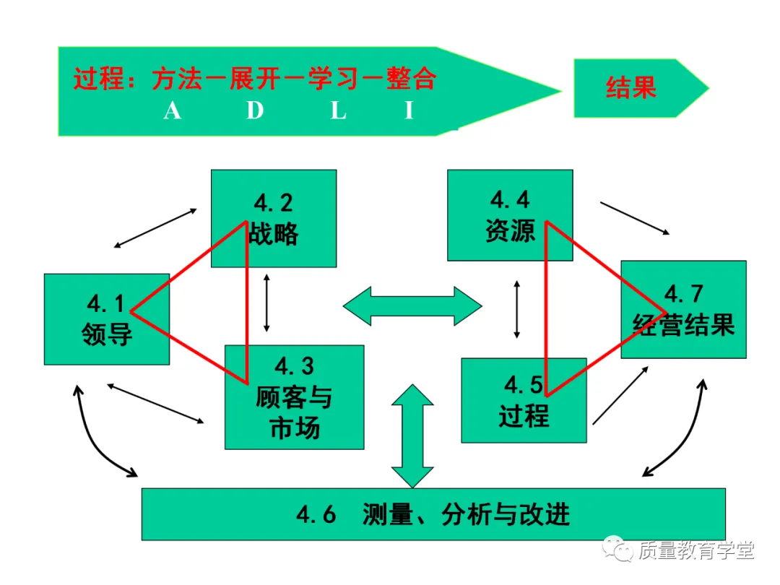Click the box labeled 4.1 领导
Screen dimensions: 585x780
coord(106,318)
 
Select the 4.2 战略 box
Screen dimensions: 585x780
coord(273,218)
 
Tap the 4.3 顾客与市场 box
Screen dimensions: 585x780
coord(294,396)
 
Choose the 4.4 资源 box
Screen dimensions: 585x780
coord(509,214)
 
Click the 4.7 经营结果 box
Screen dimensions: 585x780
coord(683,309)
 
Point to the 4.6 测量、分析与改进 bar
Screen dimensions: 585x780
coord(433,514)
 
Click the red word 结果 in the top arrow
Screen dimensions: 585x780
coord(630,87)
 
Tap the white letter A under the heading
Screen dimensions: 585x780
coord(172,110)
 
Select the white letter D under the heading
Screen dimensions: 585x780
coord(255,110)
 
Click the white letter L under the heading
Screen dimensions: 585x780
coord(339,110)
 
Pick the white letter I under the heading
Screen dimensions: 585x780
coord(409,110)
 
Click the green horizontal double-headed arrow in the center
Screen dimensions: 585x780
coord(412,305)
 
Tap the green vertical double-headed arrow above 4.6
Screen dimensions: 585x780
coord(412,435)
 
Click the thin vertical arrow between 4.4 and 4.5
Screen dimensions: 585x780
coord(516,309)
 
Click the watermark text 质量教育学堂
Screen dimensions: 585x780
coord(695,551)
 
